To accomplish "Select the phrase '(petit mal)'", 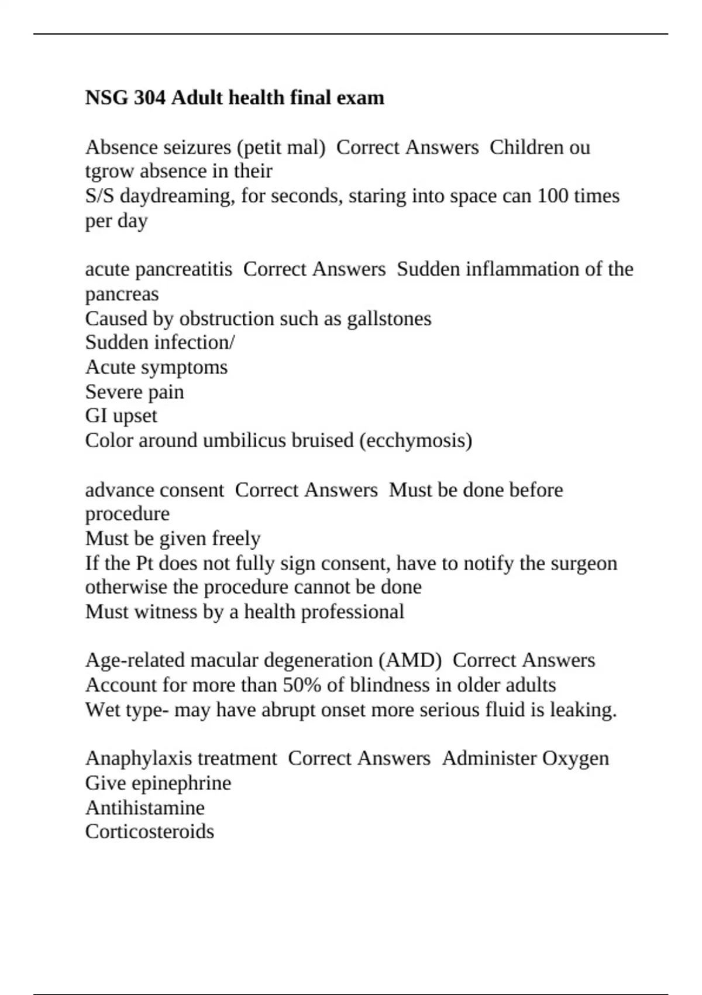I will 281,147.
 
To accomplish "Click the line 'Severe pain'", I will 135,392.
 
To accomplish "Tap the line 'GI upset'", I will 121,416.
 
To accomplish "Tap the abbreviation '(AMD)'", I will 409,660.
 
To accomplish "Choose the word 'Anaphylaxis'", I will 133,759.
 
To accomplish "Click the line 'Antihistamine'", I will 145,808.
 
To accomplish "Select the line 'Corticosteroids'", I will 150,832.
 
